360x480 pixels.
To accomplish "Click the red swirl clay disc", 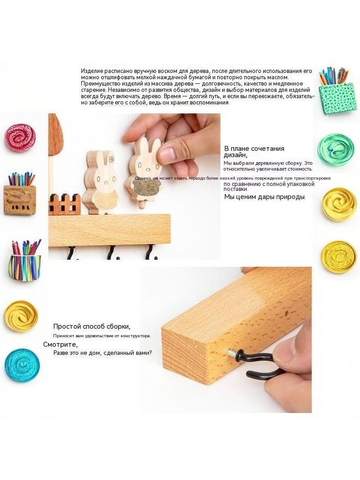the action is [x=20, y=138].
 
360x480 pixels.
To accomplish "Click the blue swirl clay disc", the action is [x=22, y=365].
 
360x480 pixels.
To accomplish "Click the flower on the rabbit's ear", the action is [x=112, y=159].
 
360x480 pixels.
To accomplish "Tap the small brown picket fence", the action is [x=64, y=204].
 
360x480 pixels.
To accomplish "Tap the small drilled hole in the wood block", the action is [x=286, y=313].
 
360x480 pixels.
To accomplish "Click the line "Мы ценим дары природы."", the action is [x=265, y=197].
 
